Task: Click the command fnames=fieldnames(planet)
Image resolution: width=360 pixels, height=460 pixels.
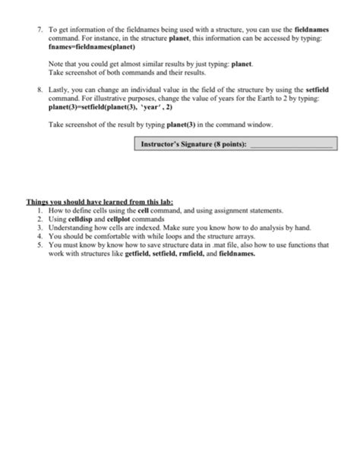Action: [x=90, y=49]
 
